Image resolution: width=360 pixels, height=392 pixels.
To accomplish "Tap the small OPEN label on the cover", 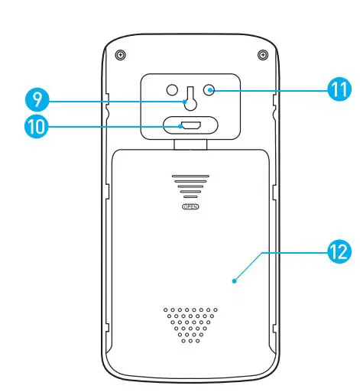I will [188, 206].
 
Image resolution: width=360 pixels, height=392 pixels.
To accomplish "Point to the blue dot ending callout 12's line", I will [235, 280].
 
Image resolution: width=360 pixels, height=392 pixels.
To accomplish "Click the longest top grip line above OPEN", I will [188, 175].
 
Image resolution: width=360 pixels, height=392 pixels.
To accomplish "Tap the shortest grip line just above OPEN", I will [188, 198].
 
